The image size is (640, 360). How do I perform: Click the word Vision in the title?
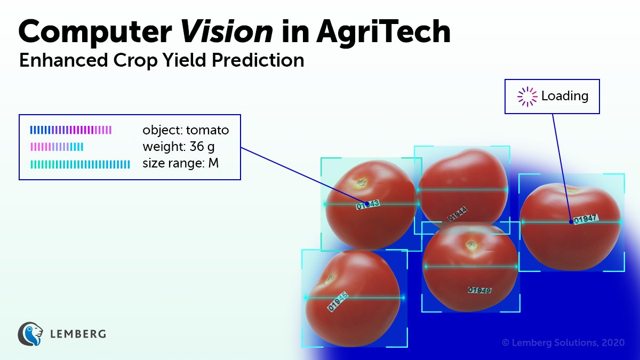click(227, 32)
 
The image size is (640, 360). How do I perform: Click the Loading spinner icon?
click(527, 97)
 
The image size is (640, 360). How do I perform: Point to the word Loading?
click(564, 97)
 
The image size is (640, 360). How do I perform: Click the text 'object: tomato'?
click(185, 130)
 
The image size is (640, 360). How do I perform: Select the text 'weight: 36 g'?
click(179, 147)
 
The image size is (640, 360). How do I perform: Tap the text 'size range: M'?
click(180, 163)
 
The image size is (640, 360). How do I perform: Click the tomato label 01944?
click(458, 215)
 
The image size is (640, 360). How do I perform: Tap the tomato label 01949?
click(479, 290)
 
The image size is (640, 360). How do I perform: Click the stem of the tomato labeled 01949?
click(471, 245)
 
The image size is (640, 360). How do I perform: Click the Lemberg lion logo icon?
click(30, 334)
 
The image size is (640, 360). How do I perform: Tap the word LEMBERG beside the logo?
click(77, 334)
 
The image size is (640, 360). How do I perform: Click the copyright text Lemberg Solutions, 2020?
click(563, 343)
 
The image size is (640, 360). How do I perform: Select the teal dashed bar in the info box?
click(80, 164)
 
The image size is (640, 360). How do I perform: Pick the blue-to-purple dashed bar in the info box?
click(71, 130)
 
